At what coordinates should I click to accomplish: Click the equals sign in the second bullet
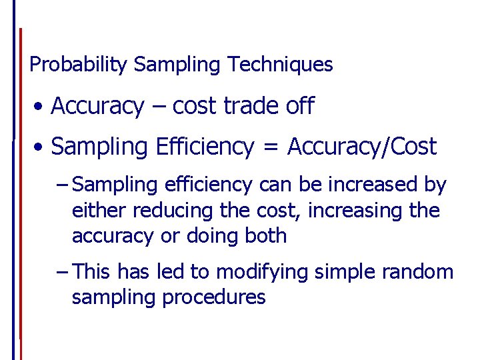270,147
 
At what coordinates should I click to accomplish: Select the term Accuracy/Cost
362,147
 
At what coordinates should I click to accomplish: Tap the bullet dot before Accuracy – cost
41,107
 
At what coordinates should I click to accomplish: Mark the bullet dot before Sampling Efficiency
41,147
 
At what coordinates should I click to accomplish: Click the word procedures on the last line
215,297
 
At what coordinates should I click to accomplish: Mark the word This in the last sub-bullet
92,272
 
